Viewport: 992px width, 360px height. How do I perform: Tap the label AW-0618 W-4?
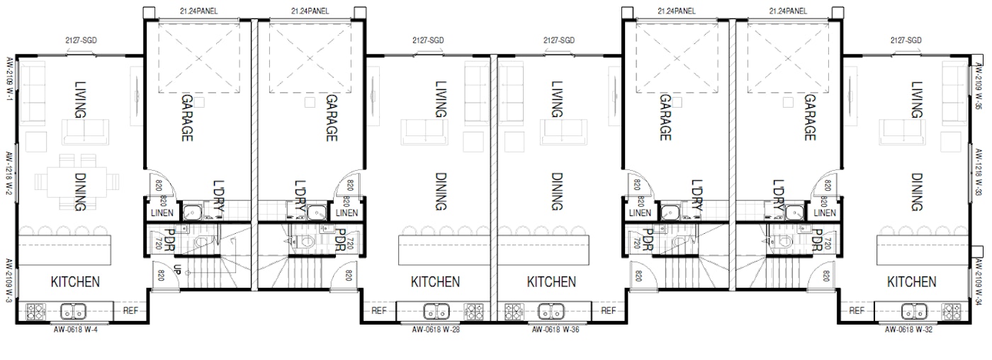(76, 330)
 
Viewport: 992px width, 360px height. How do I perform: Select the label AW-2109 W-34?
(978, 283)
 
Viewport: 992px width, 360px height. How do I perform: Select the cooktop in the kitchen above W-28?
(473, 310)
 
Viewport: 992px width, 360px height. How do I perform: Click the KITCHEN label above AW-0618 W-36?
(551, 282)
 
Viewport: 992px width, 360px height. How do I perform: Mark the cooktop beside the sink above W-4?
(36, 310)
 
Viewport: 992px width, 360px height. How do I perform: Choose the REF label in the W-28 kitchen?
(379, 310)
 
